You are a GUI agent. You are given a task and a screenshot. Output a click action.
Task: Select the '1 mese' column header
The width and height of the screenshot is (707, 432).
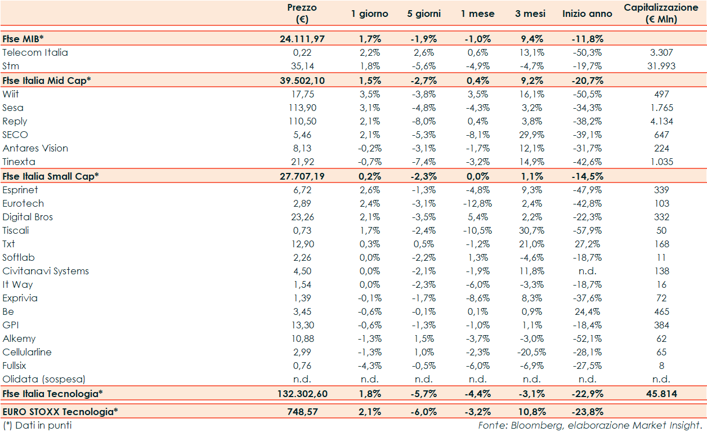click(x=477, y=14)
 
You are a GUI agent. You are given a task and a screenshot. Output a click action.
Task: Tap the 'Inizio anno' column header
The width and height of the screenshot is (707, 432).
click(x=587, y=14)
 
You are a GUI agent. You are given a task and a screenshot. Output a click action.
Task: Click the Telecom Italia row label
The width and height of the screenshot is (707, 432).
click(x=35, y=52)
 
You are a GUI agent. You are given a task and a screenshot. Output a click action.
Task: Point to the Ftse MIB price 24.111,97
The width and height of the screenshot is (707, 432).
click(x=302, y=39)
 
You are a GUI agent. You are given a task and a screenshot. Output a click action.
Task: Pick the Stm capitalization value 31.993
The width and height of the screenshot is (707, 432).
click(x=661, y=66)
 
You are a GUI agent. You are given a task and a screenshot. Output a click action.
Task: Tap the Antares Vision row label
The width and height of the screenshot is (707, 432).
click(x=35, y=148)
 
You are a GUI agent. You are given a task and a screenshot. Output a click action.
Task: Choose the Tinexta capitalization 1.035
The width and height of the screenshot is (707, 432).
click(x=661, y=162)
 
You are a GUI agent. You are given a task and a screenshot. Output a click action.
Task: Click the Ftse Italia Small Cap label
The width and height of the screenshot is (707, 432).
click(x=51, y=176)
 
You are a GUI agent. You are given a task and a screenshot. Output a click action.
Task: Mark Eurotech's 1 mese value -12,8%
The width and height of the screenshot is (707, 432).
click(x=477, y=203)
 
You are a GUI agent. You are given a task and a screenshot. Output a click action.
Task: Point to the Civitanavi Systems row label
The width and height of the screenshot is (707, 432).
click(x=46, y=271)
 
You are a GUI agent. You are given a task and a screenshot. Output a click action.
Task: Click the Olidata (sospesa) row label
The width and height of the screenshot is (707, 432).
click(x=44, y=379)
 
